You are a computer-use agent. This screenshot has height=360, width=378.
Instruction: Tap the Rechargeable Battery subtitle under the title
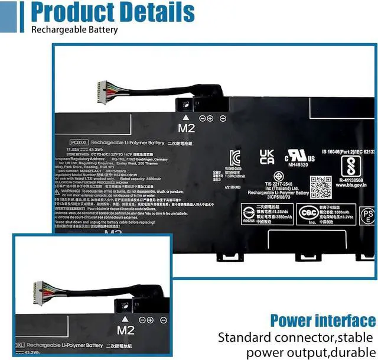(74, 30)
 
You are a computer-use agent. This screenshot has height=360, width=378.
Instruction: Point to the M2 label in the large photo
(185, 127)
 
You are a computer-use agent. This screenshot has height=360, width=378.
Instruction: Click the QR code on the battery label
(321, 187)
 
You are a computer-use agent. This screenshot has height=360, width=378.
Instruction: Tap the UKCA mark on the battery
(267, 157)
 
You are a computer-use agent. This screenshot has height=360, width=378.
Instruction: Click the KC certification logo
(234, 157)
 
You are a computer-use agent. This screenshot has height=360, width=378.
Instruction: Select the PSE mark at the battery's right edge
(367, 215)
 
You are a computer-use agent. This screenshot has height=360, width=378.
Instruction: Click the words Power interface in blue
(322, 321)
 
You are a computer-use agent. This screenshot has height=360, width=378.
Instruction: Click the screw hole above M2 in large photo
(185, 105)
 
